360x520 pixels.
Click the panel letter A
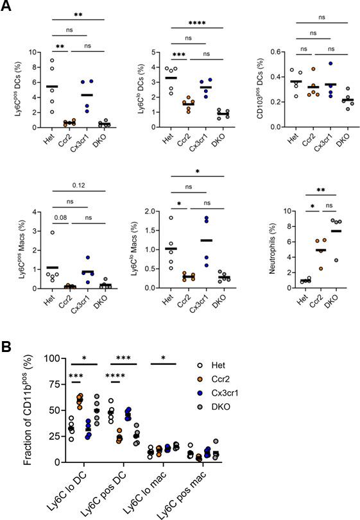[7, 7]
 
